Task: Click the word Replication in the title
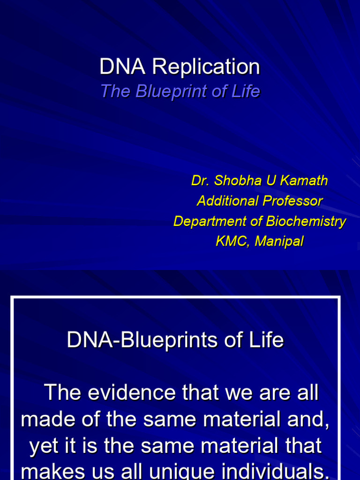click(x=206, y=67)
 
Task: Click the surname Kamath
click(x=304, y=180)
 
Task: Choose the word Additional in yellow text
click(x=228, y=201)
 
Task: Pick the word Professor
click(x=292, y=201)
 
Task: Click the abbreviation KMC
click(x=232, y=241)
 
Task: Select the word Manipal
click(x=279, y=241)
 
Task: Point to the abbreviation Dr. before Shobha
click(x=201, y=180)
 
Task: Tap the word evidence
click(x=132, y=392)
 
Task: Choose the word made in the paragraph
click(x=48, y=419)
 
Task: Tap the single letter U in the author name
click(x=271, y=180)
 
